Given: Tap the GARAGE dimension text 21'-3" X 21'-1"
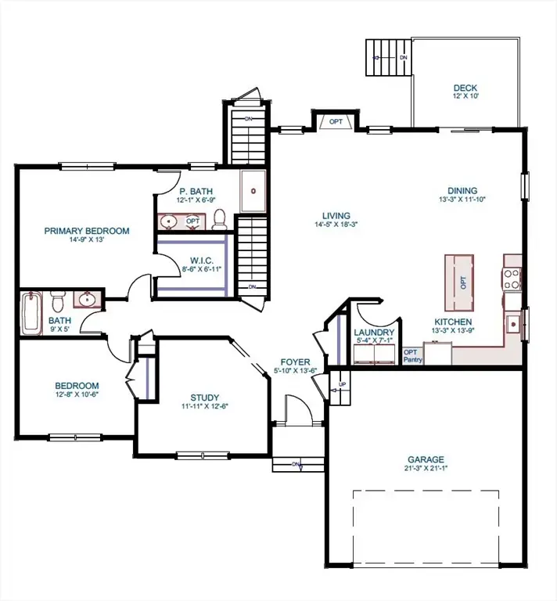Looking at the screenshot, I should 426,469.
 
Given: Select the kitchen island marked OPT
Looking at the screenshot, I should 462,283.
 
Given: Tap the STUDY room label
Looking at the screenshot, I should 205,397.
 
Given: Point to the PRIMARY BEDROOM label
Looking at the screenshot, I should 86,231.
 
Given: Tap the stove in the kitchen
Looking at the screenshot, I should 512,279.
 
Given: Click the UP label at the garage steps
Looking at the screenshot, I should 341,385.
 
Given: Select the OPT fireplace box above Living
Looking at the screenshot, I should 336,121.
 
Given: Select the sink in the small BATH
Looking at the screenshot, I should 86,300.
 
